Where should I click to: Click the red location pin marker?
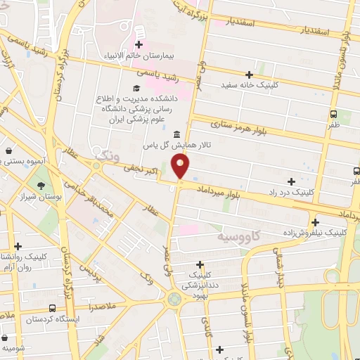[181, 166]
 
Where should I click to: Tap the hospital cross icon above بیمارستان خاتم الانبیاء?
[139, 32]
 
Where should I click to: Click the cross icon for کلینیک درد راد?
[291, 181]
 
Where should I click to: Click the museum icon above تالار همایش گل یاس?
[175, 134]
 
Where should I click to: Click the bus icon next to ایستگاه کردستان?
[52, 308]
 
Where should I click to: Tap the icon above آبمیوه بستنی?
[8, 150]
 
